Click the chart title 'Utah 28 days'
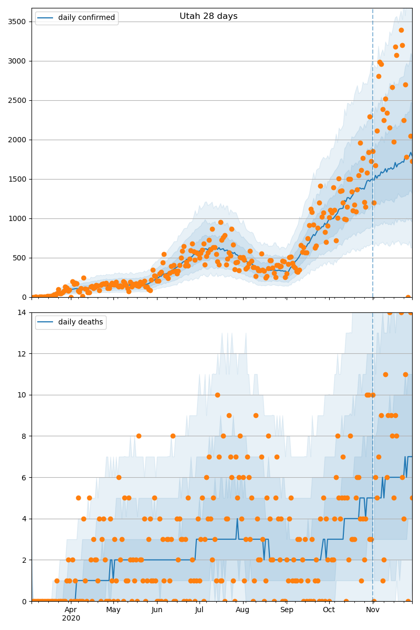click(x=208, y=16)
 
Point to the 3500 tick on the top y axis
click(x=19, y=22)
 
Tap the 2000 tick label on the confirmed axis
click(x=19, y=140)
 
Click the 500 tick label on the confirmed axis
click(x=22, y=258)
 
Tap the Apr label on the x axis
click(x=71, y=610)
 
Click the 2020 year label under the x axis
click(x=71, y=618)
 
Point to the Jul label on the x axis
click(x=199, y=610)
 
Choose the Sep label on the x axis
click(x=287, y=610)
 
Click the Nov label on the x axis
click(x=373, y=610)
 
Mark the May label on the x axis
click(x=113, y=610)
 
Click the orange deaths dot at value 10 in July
click(x=217, y=395)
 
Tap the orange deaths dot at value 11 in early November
click(x=385, y=374)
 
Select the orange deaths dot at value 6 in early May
click(x=119, y=477)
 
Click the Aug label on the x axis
click(x=243, y=610)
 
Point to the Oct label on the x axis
click(x=329, y=610)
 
